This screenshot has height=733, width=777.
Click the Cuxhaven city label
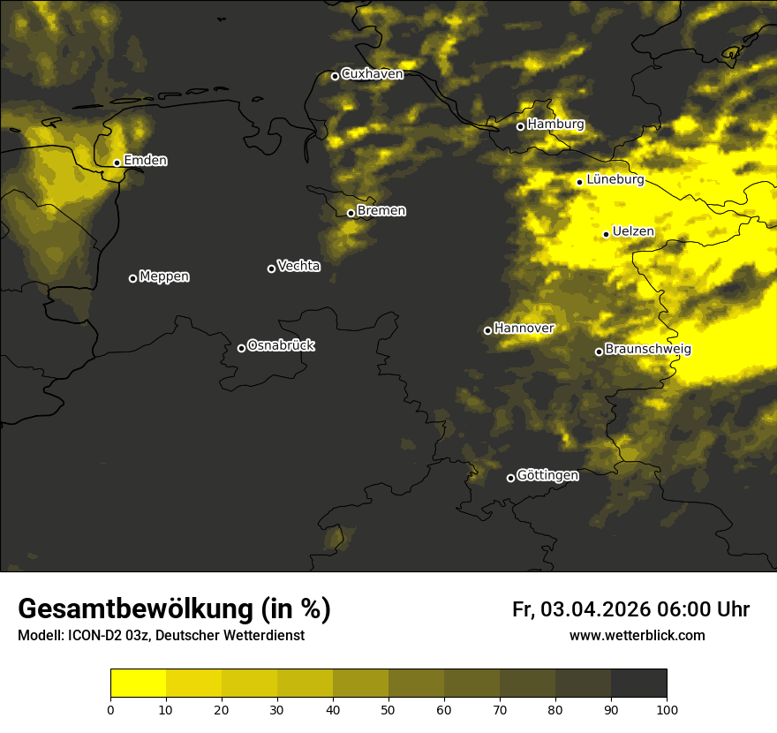372,74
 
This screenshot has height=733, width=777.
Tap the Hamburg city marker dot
520,126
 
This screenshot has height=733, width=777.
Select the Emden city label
146,161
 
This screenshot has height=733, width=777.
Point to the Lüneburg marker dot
579,182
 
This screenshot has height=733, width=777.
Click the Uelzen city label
633,232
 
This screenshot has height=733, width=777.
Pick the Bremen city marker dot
351,213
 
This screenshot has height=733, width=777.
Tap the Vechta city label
298,266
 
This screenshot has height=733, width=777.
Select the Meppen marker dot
132,278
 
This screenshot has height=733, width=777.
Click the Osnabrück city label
281,345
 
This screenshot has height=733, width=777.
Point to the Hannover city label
524,329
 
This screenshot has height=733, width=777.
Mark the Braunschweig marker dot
599,351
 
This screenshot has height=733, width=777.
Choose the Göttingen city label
547,476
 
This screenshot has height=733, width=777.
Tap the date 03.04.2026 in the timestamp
595,609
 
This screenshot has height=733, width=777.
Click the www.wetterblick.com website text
637,636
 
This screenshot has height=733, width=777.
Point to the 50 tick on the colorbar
388,709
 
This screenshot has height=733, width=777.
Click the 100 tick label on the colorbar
667,709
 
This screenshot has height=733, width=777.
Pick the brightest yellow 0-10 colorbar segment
138,683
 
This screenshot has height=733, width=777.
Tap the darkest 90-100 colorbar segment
638,683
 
